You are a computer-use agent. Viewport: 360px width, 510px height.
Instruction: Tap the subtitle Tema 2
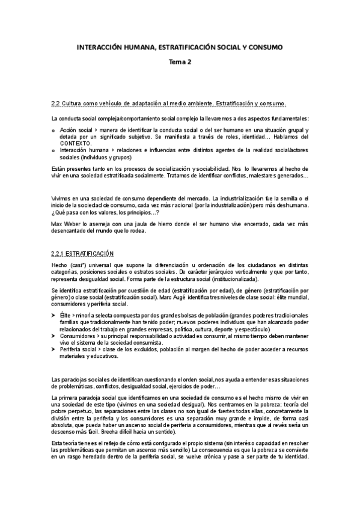179,62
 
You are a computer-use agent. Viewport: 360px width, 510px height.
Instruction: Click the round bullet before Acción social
54,130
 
